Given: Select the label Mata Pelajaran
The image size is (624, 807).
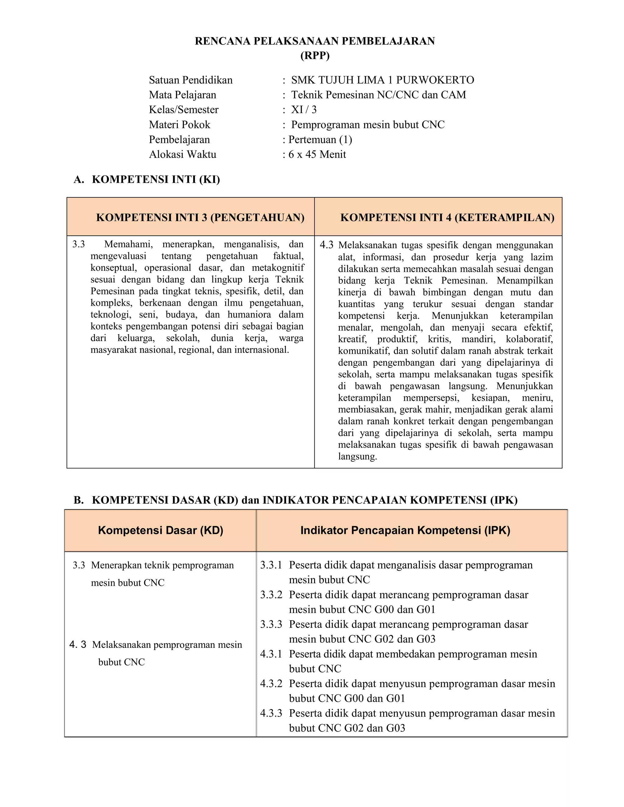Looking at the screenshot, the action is point(183,95).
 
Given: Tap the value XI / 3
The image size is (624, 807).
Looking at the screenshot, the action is point(304,110).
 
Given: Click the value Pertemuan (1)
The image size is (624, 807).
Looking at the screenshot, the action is point(320,140).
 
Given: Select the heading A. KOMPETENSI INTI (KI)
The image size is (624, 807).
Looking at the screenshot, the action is point(147,180).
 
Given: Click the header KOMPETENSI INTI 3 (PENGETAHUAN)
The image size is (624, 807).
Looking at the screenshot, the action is point(200,217).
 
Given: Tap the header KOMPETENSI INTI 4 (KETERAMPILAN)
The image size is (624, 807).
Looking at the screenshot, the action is point(447,217).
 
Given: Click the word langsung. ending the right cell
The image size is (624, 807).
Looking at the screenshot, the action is point(357,456).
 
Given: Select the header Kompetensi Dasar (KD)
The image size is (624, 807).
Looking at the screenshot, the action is point(161,530).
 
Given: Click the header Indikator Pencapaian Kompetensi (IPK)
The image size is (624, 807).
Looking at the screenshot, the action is point(405,530).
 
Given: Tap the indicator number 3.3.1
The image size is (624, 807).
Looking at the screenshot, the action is point(271,565).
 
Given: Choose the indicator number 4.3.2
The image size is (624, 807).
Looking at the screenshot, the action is point(271,684).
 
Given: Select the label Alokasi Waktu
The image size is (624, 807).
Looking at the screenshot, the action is point(183,154).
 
